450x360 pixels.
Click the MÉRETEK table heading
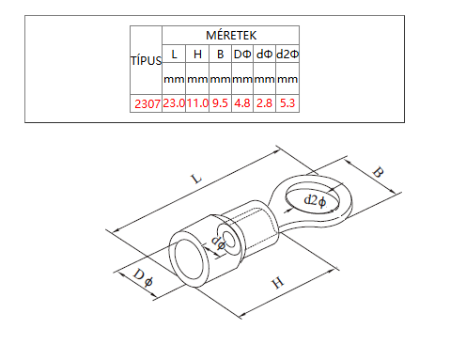(231, 35)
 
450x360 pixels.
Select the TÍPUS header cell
(146, 60)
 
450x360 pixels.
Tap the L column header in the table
(174, 55)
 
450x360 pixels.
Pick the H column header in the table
(197, 55)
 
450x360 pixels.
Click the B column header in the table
(220, 55)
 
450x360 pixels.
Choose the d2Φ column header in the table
(287, 55)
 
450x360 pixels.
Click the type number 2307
(147, 103)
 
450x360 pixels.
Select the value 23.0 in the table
(174, 103)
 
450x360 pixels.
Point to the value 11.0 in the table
(197, 103)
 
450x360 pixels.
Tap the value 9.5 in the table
(220, 103)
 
